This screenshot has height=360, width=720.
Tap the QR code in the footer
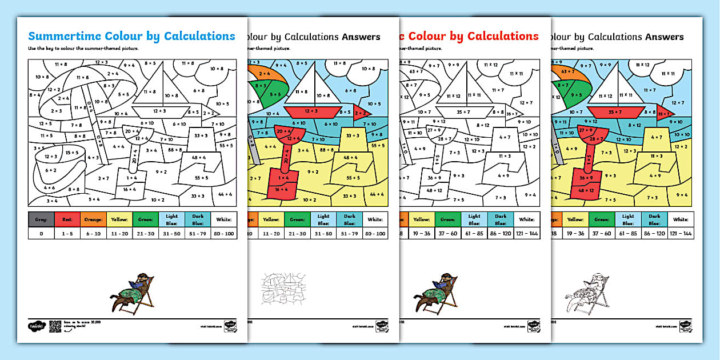pyautogui.click(x=56, y=325)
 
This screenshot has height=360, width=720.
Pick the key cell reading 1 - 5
pyautogui.click(x=67, y=234)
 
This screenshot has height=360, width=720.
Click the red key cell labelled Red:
pyautogui.click(x=67, y=219)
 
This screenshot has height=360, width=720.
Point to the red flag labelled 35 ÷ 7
pyautogui.click(x=663, y=114)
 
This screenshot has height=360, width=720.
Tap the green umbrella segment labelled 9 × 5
pyautogui.click(x=577, y=95)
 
